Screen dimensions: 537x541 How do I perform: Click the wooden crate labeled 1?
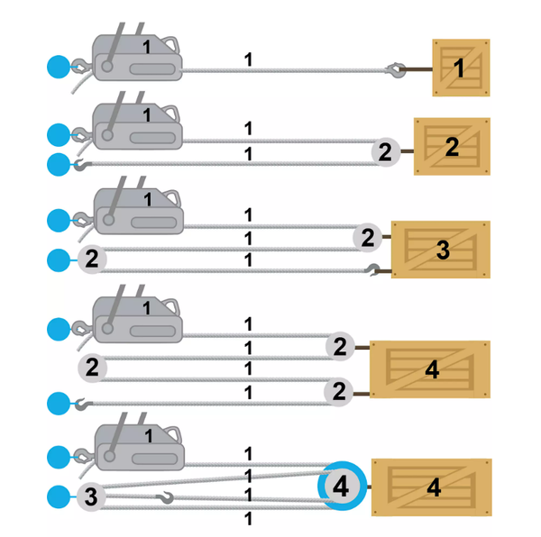461,67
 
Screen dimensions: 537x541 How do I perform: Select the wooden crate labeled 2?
452,146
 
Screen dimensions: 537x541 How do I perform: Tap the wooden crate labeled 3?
441,249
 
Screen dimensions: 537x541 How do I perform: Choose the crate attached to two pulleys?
431,369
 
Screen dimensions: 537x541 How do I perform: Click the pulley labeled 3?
91,495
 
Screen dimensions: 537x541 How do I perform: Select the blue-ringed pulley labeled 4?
340,487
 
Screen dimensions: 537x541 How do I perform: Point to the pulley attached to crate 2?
386,152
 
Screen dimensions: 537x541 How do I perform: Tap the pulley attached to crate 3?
367,239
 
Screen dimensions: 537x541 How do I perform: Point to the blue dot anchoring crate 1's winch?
59,66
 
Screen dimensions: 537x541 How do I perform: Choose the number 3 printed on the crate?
442,250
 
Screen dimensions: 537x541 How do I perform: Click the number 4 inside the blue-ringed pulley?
340,487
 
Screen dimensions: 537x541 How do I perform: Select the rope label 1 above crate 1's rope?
248,59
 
